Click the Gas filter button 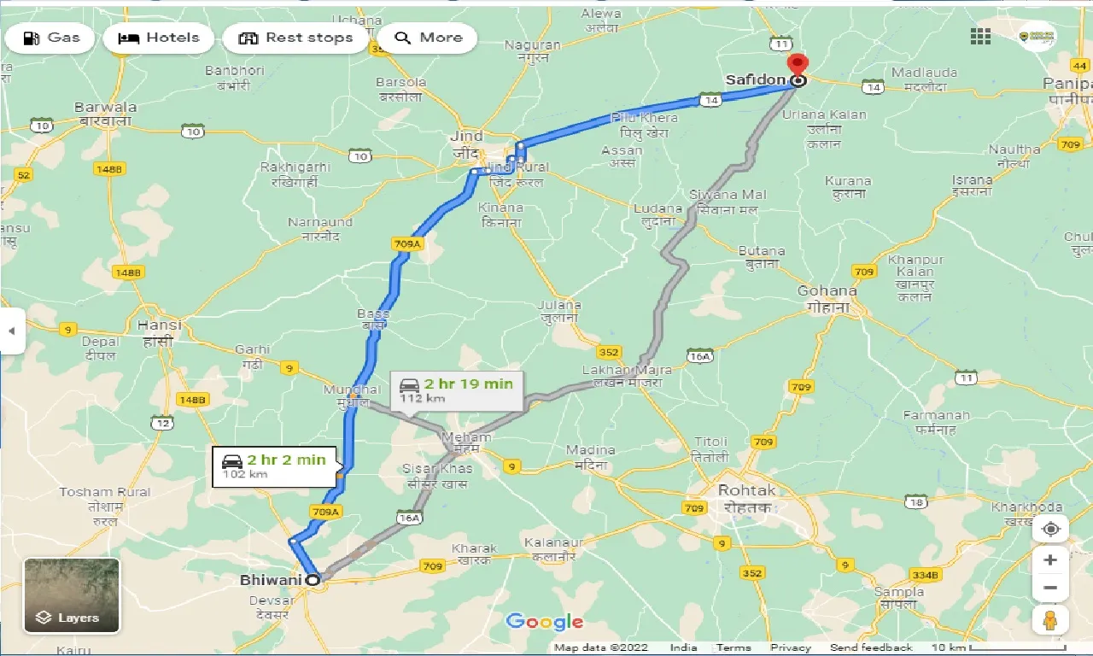(x=50, y=38)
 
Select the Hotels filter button (x=159, y=38)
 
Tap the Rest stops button (x=295, y=38)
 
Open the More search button (x=428, y=38)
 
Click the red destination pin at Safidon (x=797, y=66)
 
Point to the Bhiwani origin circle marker (x=313, y=580)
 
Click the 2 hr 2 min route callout (x=275, y=466)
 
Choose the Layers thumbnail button (x=72, y=595)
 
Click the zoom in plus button (x=1050, y=560)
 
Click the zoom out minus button (x=1050, y=588)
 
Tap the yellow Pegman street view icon (x=1050, y=619)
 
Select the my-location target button (x=1050, y=529)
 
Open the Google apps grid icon (x=980, y=36)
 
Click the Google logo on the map (x=544, y=622)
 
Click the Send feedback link (x=870, y=647)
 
